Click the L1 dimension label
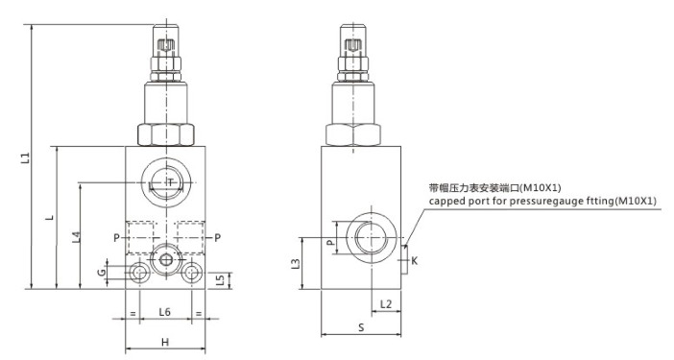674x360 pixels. (26, 157)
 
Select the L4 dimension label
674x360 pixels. (76, 237)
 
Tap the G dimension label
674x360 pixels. (101, 272)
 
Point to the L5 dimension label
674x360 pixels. (221, 280)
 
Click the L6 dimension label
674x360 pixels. (164, 312)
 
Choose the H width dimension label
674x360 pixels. (165, 342)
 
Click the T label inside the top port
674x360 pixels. (171, 182)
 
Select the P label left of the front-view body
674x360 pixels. (116, 237)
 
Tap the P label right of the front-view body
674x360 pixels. (218, 237)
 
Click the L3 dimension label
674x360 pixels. (296, 263)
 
